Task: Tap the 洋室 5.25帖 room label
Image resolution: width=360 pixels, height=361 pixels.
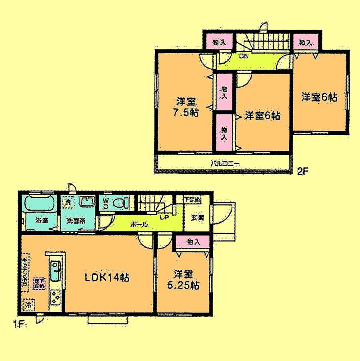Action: pos(184,280)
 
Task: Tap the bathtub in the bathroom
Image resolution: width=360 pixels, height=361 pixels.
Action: pos(39,204)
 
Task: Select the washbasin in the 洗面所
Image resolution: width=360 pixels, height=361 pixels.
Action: pos(86,201)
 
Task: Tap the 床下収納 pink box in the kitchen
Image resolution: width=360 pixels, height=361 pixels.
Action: pos(39,283)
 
